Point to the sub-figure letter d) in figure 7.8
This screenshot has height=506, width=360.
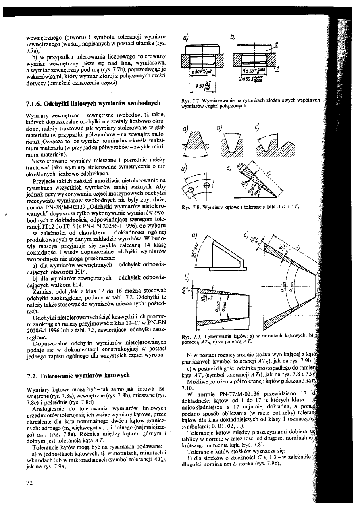pos(186,167)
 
